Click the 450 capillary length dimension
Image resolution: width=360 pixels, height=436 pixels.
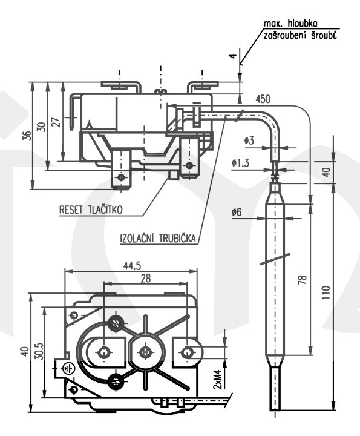(x=263, y=99)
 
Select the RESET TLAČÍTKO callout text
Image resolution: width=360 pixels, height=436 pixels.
(x=91, y=210)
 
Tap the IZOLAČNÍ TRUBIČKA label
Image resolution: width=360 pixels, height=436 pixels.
(x=158, y=239)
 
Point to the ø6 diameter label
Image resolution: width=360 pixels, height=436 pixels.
(x=237, y=213)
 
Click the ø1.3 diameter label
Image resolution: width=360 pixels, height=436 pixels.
(x=241, y=163)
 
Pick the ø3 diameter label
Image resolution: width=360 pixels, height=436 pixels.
(x=249, y=140)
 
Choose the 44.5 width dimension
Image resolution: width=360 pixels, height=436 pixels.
(x=132, y=266)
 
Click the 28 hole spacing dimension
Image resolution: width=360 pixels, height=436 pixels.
(x=145, y=279)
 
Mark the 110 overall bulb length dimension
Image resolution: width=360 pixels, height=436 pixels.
(x=326, y=292)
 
